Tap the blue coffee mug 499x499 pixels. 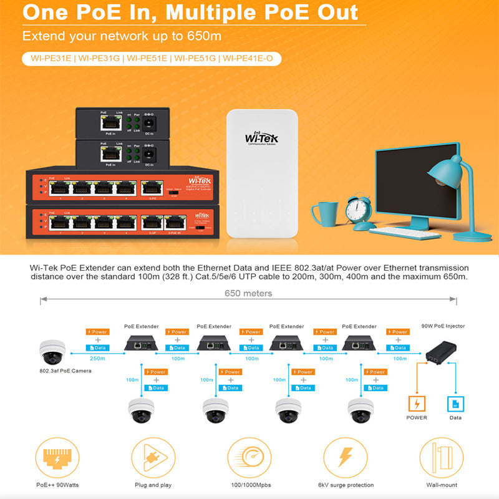click(326, 213)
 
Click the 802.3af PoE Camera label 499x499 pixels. click(65, 371)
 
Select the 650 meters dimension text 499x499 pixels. click(248, 293)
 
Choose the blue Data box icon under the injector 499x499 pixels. click(455, 403)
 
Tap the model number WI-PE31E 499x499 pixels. click(49, 59)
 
